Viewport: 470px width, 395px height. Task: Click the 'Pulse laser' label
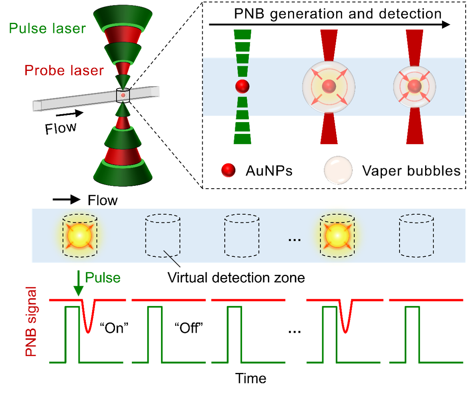(47, 28)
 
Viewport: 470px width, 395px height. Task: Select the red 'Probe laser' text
(64, 71)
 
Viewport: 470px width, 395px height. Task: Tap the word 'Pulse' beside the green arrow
(103, 278)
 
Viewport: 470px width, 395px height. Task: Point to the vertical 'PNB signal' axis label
(31, 321)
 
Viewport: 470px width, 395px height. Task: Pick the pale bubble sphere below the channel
(338, 170)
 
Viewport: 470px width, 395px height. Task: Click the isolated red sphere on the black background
(228, 170)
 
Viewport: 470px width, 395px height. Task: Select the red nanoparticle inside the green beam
(242, 86)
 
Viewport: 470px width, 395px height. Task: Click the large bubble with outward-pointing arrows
(329, 87)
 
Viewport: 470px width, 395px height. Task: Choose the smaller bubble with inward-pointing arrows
(414, 87)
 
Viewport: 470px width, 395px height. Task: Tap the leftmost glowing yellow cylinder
(80, 236)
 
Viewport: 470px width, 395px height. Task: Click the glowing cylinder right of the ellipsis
(337, 236)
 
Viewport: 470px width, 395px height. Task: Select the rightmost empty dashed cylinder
(416, 235)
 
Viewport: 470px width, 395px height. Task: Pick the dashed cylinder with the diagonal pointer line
(162, 236)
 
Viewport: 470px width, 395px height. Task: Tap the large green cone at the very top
(123, 16)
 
